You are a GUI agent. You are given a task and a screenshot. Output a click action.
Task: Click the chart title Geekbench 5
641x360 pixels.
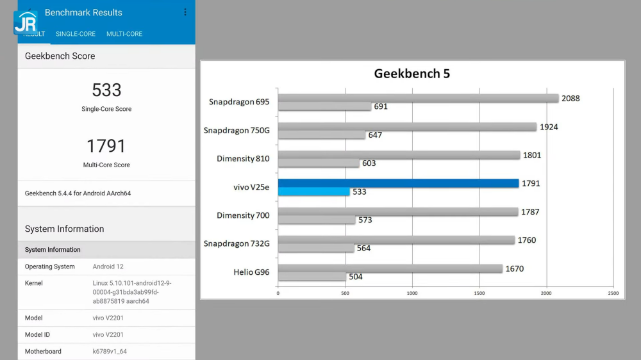(412, 74)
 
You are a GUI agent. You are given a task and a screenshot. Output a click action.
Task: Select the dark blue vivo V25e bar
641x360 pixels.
(398, 183)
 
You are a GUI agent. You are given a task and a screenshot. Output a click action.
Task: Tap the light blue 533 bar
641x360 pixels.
(313, 192)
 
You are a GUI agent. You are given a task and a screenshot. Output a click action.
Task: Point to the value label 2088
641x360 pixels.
(570, 99)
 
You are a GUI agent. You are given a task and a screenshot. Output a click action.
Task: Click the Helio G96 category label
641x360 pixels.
(251, 272)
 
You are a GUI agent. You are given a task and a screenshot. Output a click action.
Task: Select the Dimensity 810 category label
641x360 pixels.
(243, 159)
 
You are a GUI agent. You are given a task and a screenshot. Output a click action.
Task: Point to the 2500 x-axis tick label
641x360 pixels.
(613, 293)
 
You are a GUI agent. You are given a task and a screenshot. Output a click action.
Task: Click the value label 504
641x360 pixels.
(355, 277)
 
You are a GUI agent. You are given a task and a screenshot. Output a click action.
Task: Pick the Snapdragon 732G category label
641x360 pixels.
(237, 243)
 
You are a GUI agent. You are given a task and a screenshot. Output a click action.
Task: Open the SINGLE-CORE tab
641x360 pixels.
(76, 34)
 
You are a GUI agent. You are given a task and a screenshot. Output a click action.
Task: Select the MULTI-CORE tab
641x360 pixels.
(124, 34)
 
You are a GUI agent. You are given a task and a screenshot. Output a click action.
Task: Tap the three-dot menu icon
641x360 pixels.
(185, 12)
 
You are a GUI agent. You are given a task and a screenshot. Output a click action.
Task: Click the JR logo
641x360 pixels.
(26, 22)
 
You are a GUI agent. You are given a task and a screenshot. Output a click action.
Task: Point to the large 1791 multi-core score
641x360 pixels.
(106, 146)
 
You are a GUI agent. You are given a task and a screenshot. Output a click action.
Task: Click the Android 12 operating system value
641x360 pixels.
(109, 266)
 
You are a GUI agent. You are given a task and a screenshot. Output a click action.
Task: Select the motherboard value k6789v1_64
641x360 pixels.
(110, 351)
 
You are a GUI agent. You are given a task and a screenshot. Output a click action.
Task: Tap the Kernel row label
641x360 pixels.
(34, 283)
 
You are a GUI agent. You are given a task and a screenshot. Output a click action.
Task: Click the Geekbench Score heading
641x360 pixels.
(60, 56)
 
